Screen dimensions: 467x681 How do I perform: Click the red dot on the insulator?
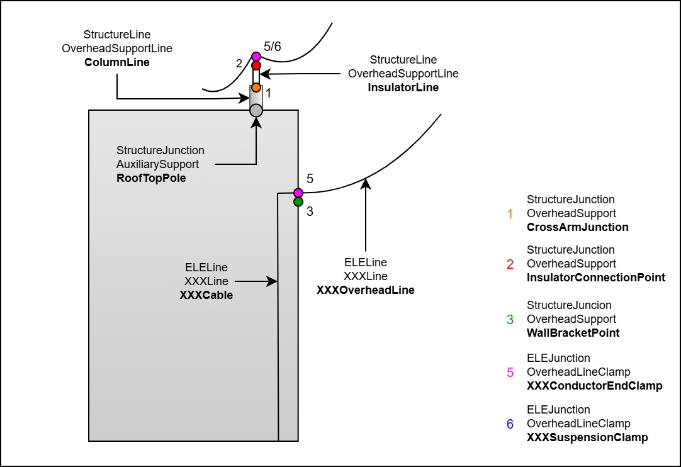pyautogui.click(x=256, y=65)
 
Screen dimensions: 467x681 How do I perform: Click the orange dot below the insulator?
pyautogui.click(x=256, y=87)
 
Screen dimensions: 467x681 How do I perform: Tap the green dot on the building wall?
pyautogui.click(x=298, y=202)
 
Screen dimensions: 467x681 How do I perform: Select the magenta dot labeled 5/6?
pyautogui.click(x=256, y=57)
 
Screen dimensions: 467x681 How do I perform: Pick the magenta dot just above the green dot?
pyautogui.click(x=298, y=193)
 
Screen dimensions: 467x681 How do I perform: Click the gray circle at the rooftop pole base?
pyautogui.click(x=256, y=111)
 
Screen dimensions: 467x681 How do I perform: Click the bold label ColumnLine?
pyautogui.click(x=117, y=62)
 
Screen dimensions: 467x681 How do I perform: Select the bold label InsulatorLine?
pyautogui.click(x=403, y=87)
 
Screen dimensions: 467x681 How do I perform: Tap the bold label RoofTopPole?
pyautogui.click(x=151, y=178)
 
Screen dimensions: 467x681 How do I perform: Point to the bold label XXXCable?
pyautogui.click(x=206, y=295)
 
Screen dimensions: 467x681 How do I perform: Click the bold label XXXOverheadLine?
pyautogui.click(x=365, y=290)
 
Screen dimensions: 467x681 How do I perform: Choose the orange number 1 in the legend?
pyautogui.click(x=510, y=213)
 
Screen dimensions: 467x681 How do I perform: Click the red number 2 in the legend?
pyautogui.click(x=510, y=264)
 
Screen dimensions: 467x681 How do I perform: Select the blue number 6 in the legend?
pyautogui.click(x=510, y=424)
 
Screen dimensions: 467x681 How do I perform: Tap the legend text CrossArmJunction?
pyautogui.click(x=577, y=227)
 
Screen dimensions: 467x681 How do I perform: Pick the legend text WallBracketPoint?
pyautogui.click(x=573, y=333)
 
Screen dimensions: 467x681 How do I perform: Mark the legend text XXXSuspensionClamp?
pyautogui.click(x=587, y=437)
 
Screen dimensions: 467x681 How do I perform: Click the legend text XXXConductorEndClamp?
pyautogui.click(x=594, y=386)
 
